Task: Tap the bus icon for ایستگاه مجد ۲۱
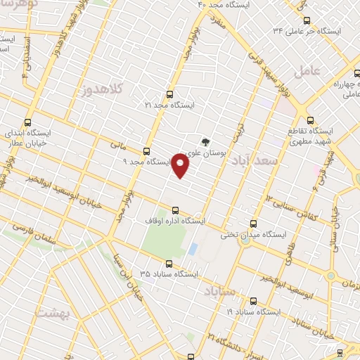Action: pos(169,94)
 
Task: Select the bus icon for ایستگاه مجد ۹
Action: pos(147,151)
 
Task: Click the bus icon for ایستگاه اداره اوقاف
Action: pos(175,210)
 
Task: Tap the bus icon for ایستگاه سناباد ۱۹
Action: pos(253,301)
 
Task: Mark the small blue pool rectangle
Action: pos(193,249)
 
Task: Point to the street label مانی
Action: pos(117,146)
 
